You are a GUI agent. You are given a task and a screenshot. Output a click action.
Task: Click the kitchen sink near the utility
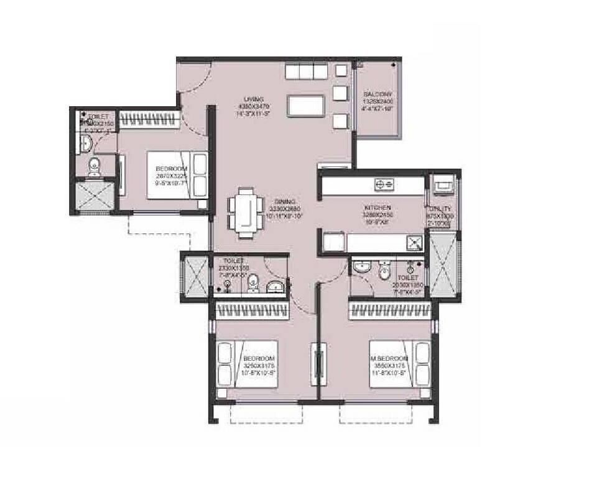pos(414,242)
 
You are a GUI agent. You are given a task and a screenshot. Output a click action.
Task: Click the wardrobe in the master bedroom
pos(389,309)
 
